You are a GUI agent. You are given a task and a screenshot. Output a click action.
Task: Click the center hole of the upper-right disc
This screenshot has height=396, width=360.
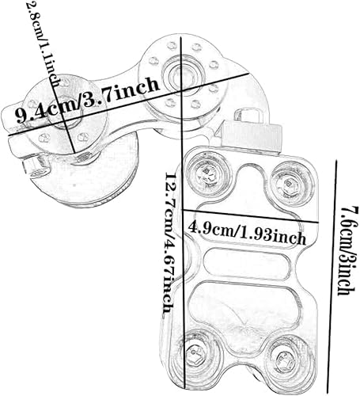tap(176, 74)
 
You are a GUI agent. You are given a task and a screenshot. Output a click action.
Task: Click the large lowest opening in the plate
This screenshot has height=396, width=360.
tap(244, 309)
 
